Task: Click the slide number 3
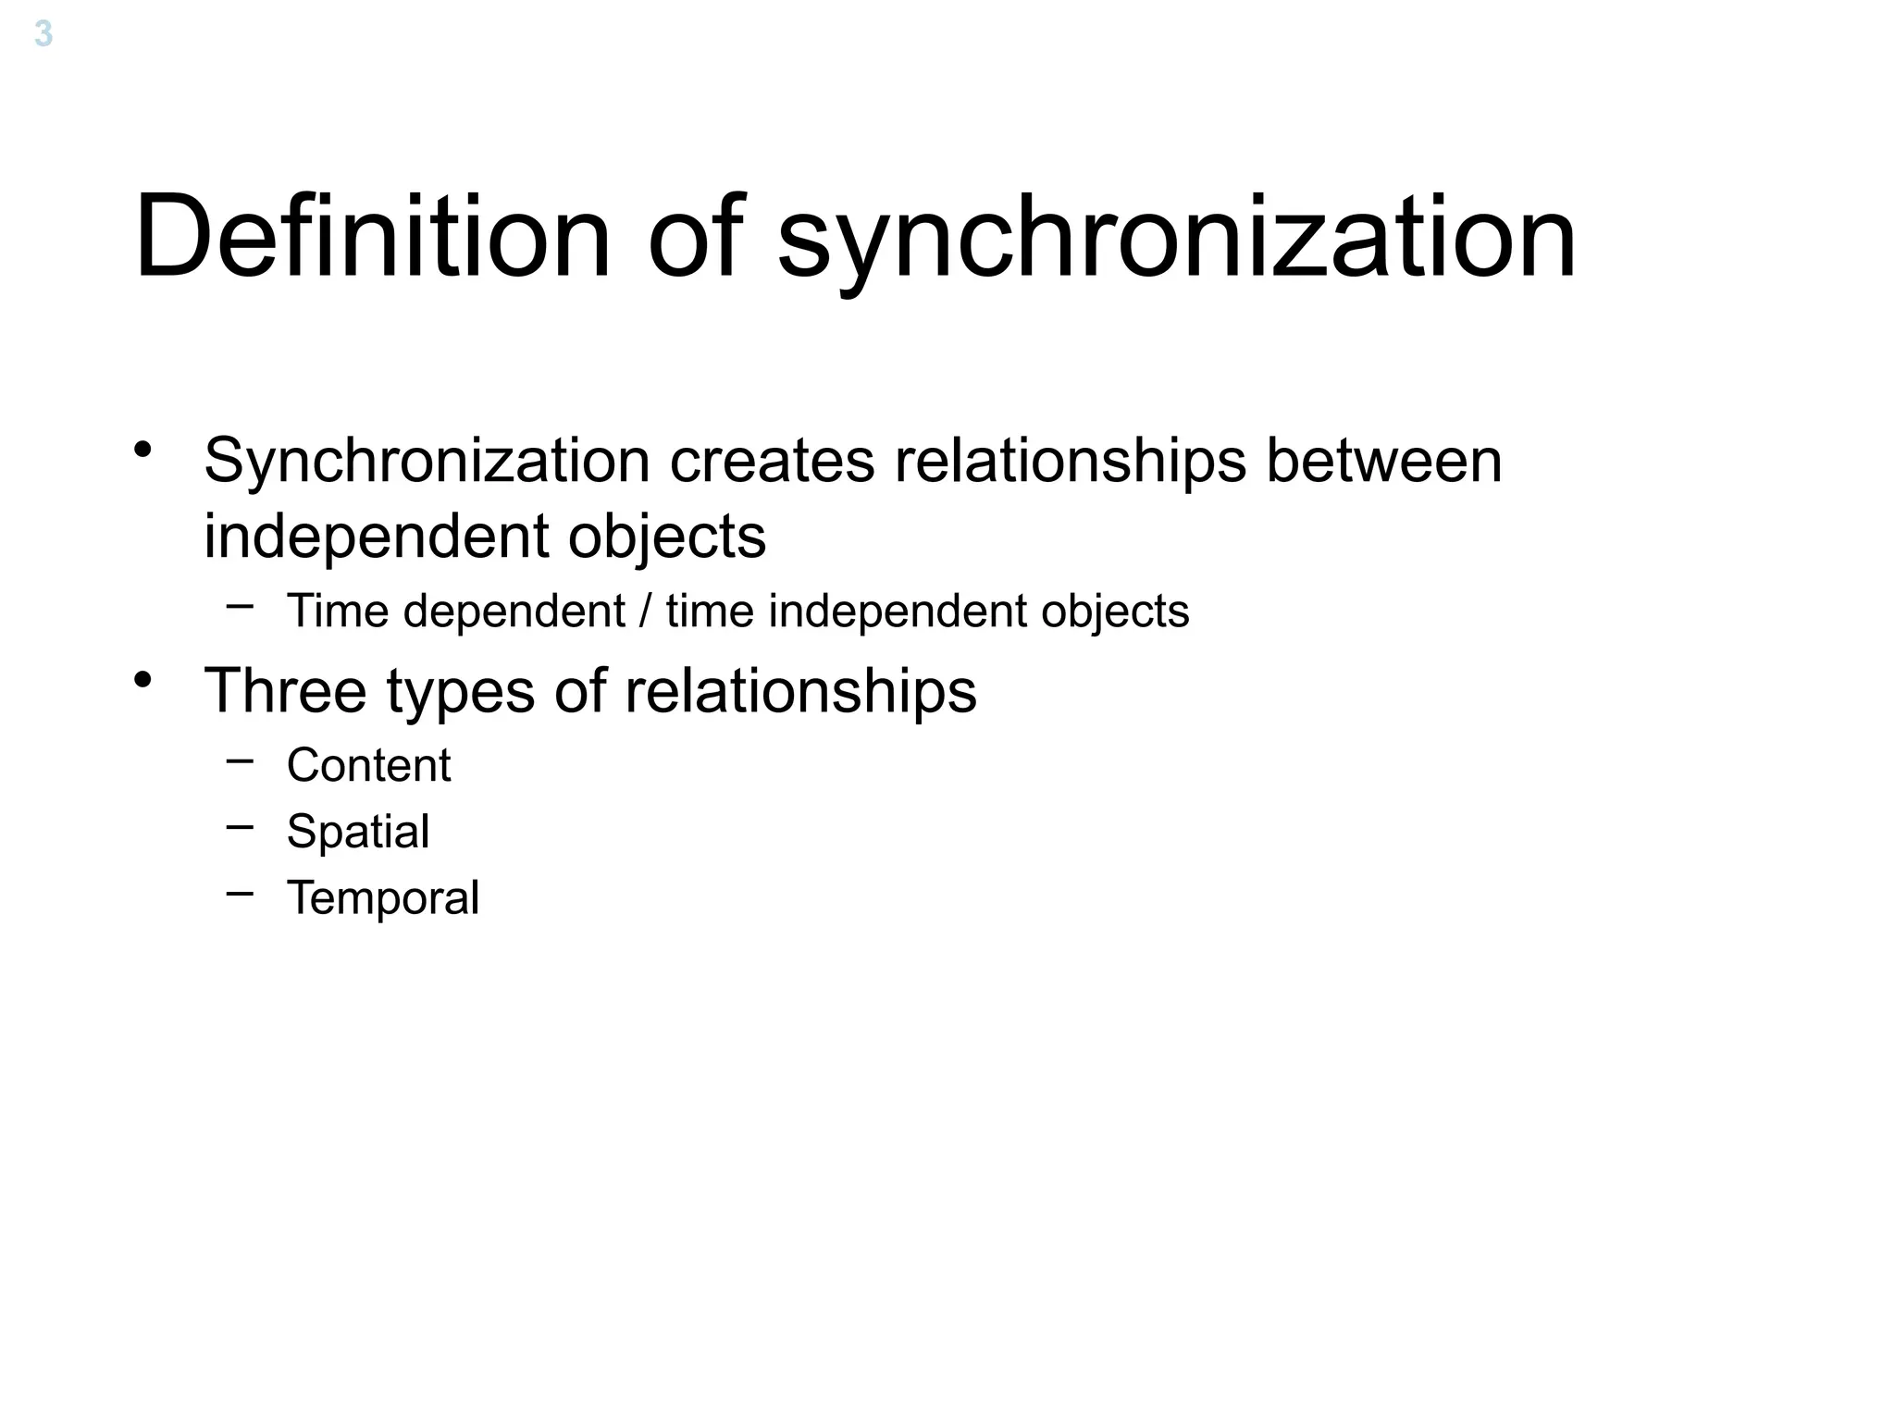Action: pos(43,35)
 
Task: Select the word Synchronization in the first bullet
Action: pos(427,461)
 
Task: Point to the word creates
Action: pos(772,461)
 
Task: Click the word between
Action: pos(1383,461)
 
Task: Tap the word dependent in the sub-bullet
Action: pos(514,612)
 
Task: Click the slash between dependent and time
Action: pos(645,612)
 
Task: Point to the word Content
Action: pos(368,765)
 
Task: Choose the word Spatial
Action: pos(358,832)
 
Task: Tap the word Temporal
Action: pos(383,898)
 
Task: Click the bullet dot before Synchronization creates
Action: pos(142,450)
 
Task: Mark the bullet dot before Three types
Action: pos(142,680)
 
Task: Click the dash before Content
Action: pos(240,760)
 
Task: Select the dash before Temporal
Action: pos(240,893)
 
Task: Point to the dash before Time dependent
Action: pos(240,607)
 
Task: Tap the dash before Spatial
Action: pos(240,826)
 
